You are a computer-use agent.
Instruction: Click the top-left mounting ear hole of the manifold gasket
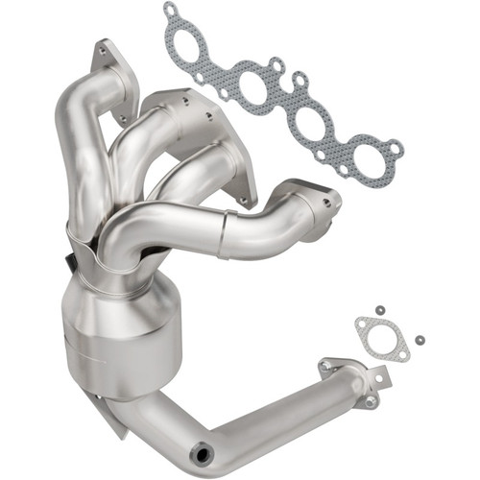point(171,11)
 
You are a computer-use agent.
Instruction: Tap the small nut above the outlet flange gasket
point(380,309)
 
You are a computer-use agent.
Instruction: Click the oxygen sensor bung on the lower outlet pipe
point(203,448)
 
